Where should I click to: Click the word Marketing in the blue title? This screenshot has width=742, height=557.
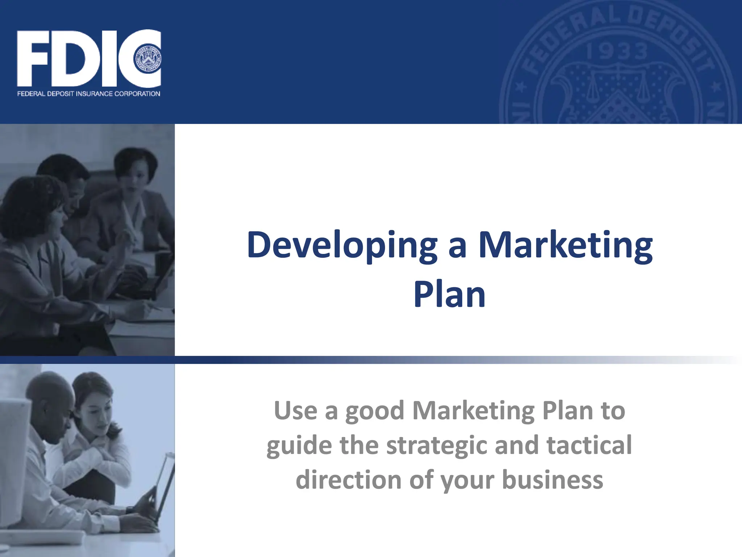(566, 245)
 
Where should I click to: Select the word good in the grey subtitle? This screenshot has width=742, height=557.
(375, 411)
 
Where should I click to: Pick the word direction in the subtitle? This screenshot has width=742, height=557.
(349, 479)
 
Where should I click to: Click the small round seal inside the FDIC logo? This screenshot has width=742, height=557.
(148, 59)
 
